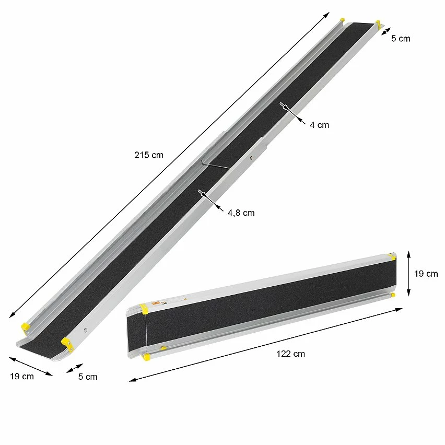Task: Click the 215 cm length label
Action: pyautogui.click(x=149, y=155)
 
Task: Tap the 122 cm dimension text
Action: pyautogui.click(x=290, y=354)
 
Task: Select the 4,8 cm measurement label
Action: pyautogui.click(x=241, y=213)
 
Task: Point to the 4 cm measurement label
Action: pyautogui.click(x=319, y=125)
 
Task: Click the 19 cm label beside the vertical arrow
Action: pyautogui.click(x=426, y=274)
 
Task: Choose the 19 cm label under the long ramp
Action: pyautogui.click(x=21, y=376)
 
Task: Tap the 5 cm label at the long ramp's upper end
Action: pyautogui.click(x=401, y=38)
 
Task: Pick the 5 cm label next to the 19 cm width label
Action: pyautogui.click(x=87, y=376)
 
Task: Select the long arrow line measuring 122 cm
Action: pyautogui.click(x=266, y=344)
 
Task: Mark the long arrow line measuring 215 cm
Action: pyautogui.click(x=170, y=164)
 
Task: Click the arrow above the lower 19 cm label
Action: pyautogui.click(x=31, y=366)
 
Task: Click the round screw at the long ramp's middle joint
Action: pyautogui.click(x=251, y=156)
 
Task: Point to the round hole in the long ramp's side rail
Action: pyautogui.click(x=85, y=330)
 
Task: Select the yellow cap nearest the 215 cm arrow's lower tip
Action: pyautogui.click(x=25, y=327)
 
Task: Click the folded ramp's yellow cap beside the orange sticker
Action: pyautogui.click(x=144, y=309)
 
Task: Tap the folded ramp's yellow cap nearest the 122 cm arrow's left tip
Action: pyautogui.click(x=147, y=357)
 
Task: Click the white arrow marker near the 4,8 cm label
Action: pyautogui.click(x=201, y=194)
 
